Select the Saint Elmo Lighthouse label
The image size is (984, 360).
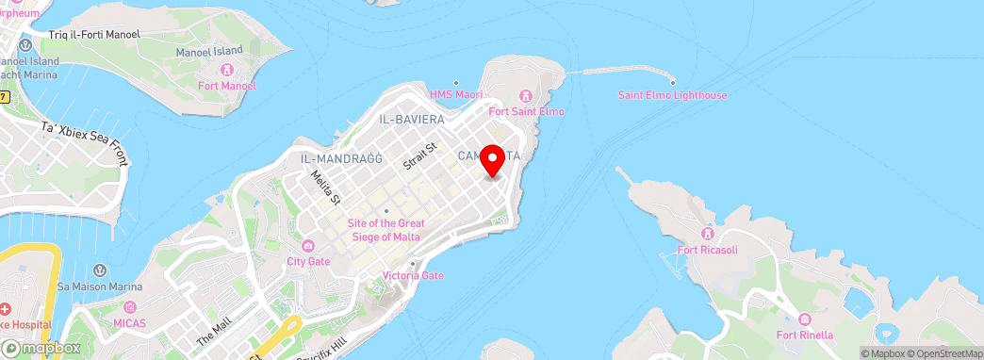click(x=672, y=95)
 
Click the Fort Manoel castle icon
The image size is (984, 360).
click(x=226, y=70)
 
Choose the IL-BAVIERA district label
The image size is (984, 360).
click(x=411, y=120)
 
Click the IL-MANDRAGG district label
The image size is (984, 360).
click(x=341, y=158)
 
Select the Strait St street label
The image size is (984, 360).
click(x=420, y=156)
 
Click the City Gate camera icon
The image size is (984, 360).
click(x=308, y=245)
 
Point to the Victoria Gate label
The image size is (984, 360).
click(x=412, y=276)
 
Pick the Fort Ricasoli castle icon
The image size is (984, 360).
click(x=708, y=234)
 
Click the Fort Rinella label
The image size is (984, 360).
click(x=803, y=335)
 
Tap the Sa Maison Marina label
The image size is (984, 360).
click(x=100, y=286)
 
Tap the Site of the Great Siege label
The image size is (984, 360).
click(x=385, y=229)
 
